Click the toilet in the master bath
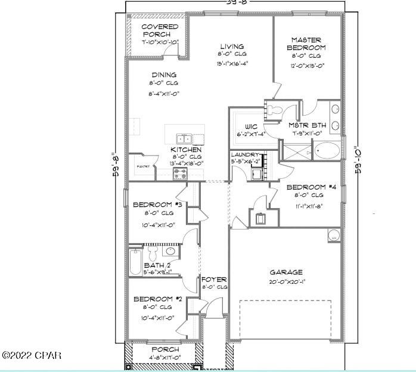(274, 110)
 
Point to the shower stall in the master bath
(293, 151)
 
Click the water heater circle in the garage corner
(334, 235)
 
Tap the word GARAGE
(285, 272)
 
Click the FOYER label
(214, 279)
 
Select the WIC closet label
(251, 126)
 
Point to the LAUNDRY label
(246, 154)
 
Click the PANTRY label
(143, 166)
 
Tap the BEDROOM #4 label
(309, 187)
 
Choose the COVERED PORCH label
(159, 30)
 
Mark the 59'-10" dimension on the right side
(358, 159)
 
